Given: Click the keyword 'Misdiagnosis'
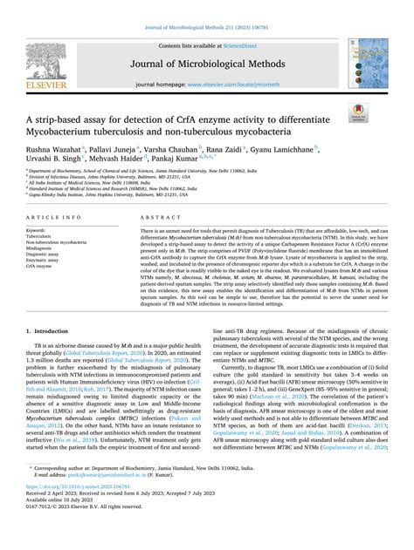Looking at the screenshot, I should (42, 248).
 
